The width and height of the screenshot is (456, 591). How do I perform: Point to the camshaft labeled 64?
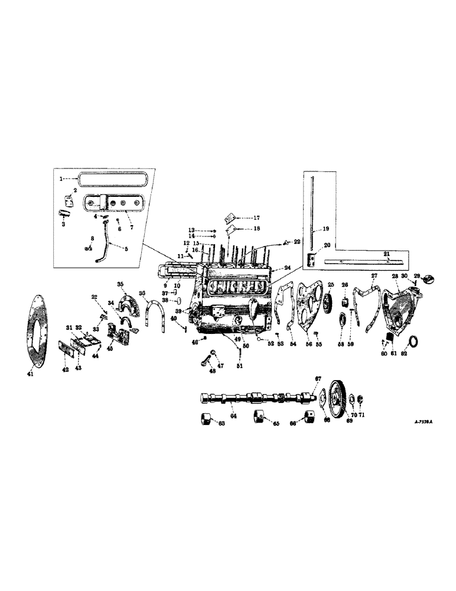[254, 397]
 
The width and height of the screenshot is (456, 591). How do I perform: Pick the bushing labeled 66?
[308, 417]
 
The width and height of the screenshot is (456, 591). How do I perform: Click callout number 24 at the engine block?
[286, 267]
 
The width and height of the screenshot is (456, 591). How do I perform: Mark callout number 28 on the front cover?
[394, 277]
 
